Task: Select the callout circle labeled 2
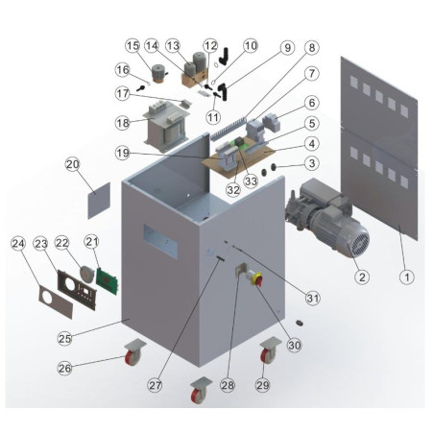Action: [361, 275]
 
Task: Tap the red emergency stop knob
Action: [257, 278]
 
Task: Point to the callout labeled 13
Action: [174, 45]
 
